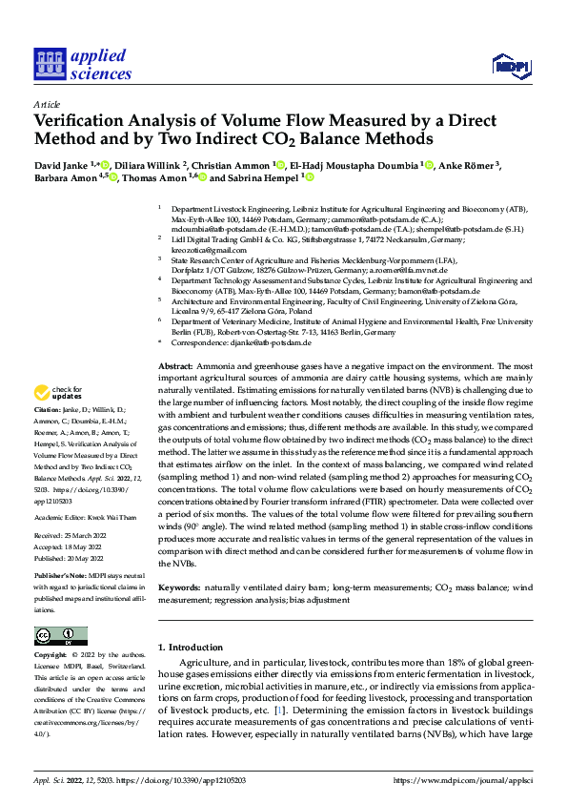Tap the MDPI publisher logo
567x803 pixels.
point(508,65)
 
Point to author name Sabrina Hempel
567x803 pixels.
point(264,177)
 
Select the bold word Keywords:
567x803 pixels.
point(179,591)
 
